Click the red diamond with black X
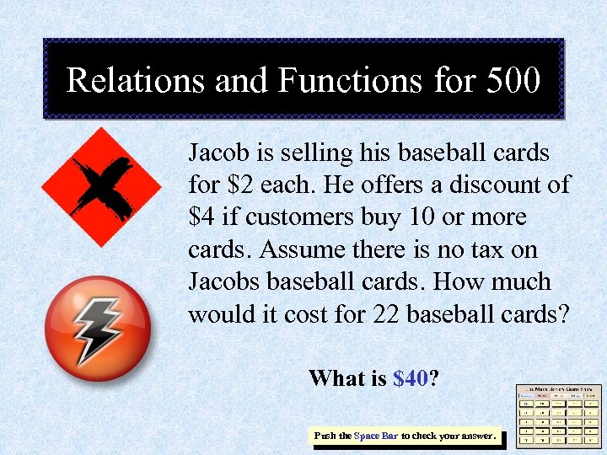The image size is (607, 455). point(102,186)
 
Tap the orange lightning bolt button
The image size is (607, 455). point(97,329)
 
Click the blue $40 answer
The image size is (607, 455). point(411,378)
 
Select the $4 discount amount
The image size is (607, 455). point(202,217)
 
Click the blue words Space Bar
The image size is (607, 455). point(376,436)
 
